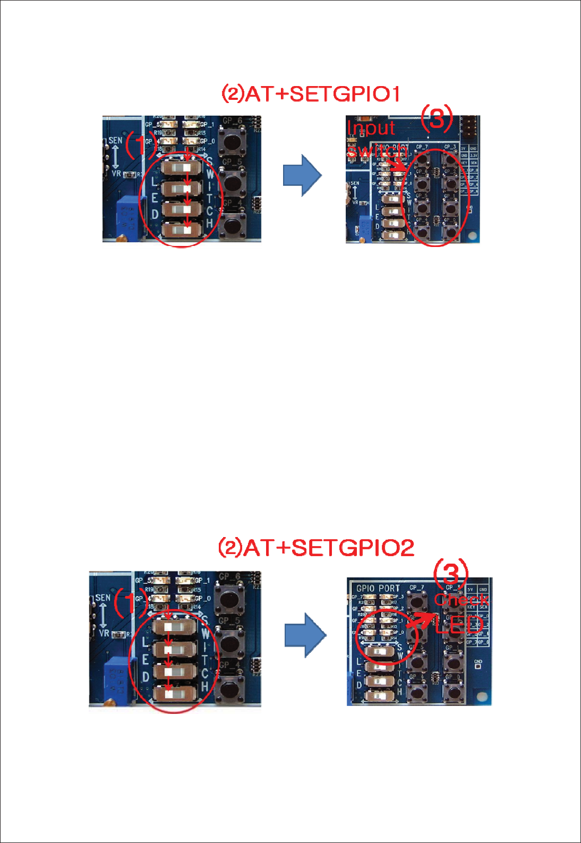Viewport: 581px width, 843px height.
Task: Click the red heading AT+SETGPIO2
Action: (316, 548)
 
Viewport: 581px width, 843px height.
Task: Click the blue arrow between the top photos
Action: (302, 175)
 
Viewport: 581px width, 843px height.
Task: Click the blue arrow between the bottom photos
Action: (305, 635)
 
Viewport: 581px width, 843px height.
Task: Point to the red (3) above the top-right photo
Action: (437, 118)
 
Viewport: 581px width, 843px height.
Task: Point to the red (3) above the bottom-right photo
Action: (450, 573)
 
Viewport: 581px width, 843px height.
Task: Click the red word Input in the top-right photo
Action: (371, 128)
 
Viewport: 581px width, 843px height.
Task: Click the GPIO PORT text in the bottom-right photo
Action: (378, 588)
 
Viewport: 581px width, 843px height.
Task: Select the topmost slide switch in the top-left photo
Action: (182, 168)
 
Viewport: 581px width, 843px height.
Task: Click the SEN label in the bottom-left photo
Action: (102, 597)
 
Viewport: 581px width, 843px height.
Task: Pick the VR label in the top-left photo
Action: (116, 173)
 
